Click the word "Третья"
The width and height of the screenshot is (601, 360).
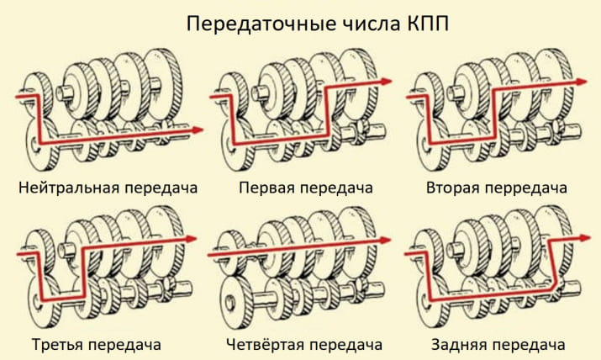pos(60,345)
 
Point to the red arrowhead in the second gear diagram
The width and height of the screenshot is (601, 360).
pos(582,82)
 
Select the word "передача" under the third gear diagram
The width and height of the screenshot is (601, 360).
pos(127,345)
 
